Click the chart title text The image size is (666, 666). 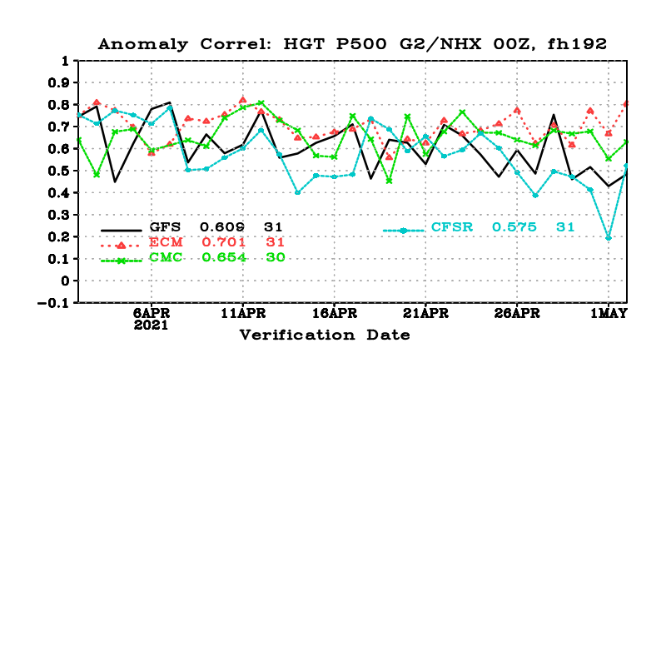click(x=352, y=43)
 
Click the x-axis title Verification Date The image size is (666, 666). click(x=325, y=335)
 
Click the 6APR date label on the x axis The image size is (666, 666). click(x=151, y=314)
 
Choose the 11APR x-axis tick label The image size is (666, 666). click(x=242, y=314)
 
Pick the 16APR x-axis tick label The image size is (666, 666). click(x=334, y=314)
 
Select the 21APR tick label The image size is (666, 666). click(x=425, y=314)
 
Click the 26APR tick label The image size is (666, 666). click(x=517, y=314)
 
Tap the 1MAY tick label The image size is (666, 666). click(x=609, y=314)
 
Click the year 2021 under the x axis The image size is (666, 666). click(x=151, y=326)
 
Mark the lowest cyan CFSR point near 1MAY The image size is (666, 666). click(x=609, y=237)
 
